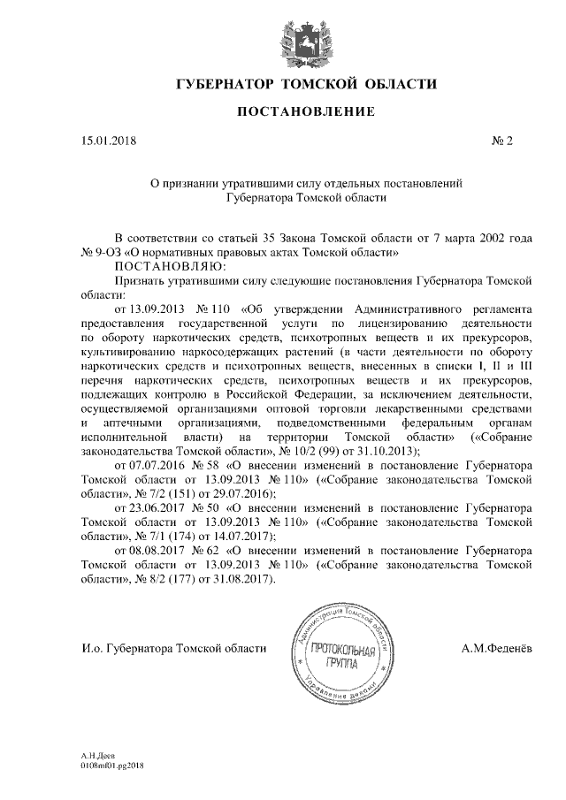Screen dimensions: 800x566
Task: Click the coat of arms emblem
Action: pos(305,41)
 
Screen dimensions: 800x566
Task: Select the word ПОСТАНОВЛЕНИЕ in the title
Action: pos(306,111)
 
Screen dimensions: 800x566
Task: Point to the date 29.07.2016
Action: pos(246,493)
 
